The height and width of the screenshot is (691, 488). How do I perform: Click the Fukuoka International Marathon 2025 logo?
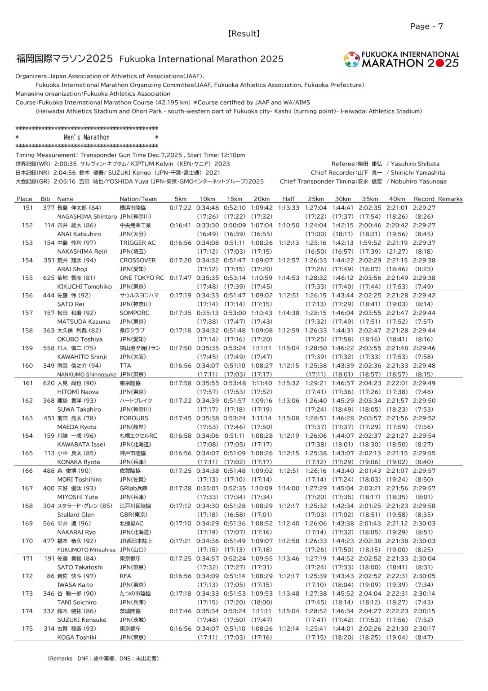tap(401, 59)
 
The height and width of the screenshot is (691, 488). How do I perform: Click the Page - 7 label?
tap(426, 27)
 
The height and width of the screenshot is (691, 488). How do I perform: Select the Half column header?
tap(288, 199)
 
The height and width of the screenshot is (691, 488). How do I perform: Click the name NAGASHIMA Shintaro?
tap(87, 216)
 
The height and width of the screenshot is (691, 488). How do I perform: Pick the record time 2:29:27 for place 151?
tap(424, 208)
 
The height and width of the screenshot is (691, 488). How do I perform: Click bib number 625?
tap(49, 278)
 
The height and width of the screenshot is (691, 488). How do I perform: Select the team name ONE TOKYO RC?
tap(142, 278)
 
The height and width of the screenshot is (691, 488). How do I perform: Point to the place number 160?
tap(27, 366)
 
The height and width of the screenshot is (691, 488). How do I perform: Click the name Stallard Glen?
tap(76, 515)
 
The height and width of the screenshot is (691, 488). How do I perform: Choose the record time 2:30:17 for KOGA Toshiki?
tap(424, 629)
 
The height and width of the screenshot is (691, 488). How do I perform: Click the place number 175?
tap(27, 629)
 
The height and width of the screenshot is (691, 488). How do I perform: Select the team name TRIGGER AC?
tap(138, 243)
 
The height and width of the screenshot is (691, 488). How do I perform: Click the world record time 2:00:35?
tap(65, 164)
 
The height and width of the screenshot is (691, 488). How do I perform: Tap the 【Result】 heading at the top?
tap(244, 34)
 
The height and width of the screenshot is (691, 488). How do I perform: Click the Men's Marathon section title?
tap(87, 138)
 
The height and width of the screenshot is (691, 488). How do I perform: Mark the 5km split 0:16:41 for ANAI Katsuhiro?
tap(180, 225)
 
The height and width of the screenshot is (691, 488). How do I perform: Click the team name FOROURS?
tap(133, 418)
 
